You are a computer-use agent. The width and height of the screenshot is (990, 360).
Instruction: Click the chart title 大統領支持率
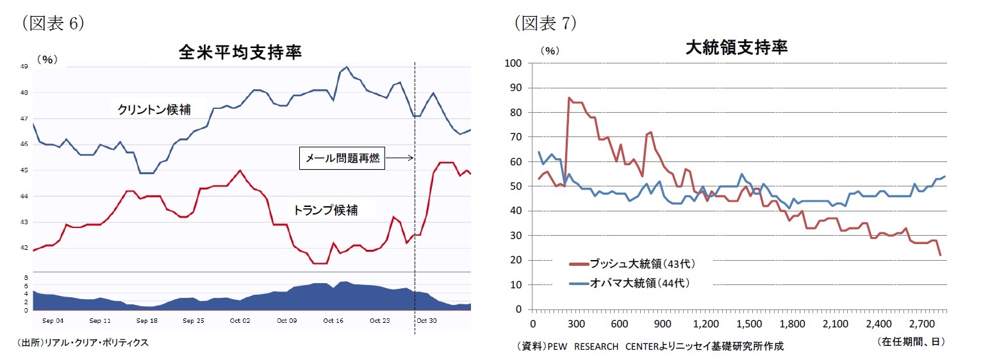[x=736, y=47]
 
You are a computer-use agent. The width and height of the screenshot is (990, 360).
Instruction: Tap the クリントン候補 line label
[x=154, y=110]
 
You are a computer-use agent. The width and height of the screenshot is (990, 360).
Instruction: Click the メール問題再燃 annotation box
[x=342, y=159]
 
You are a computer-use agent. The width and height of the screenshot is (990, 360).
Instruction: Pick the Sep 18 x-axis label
[x=147, y=320]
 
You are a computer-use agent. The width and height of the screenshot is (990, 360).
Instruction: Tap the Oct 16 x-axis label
[x=333, y=320]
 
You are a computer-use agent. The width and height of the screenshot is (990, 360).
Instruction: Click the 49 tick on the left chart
[x=23, y=67]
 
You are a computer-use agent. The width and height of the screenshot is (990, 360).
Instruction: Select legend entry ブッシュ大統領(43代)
[x=631, y=263]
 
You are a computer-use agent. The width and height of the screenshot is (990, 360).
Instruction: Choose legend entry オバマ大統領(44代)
[x=631, y=282]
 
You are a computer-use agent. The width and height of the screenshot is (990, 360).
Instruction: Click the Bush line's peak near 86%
[x=569, y=97]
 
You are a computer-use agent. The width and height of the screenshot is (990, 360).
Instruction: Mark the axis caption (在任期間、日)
[x=911, y=343]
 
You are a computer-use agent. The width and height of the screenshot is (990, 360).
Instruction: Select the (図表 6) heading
[x=53, y=23]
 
